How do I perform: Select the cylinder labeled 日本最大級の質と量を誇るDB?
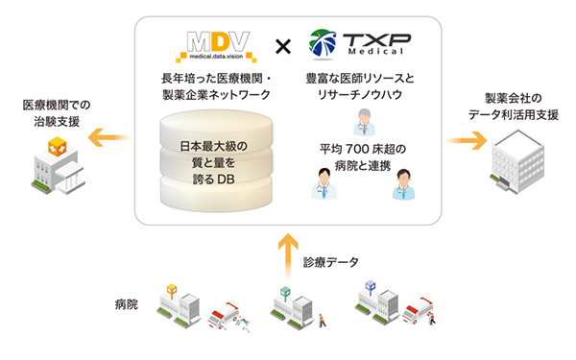pyautogui.click(x=214, y=158)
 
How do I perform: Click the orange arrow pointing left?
pyautogui.click(x=108, y=140)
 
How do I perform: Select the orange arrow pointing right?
pyautogui.click(x=464, y=140)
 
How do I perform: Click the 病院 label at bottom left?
pyautogui.click(x=126, y=304)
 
